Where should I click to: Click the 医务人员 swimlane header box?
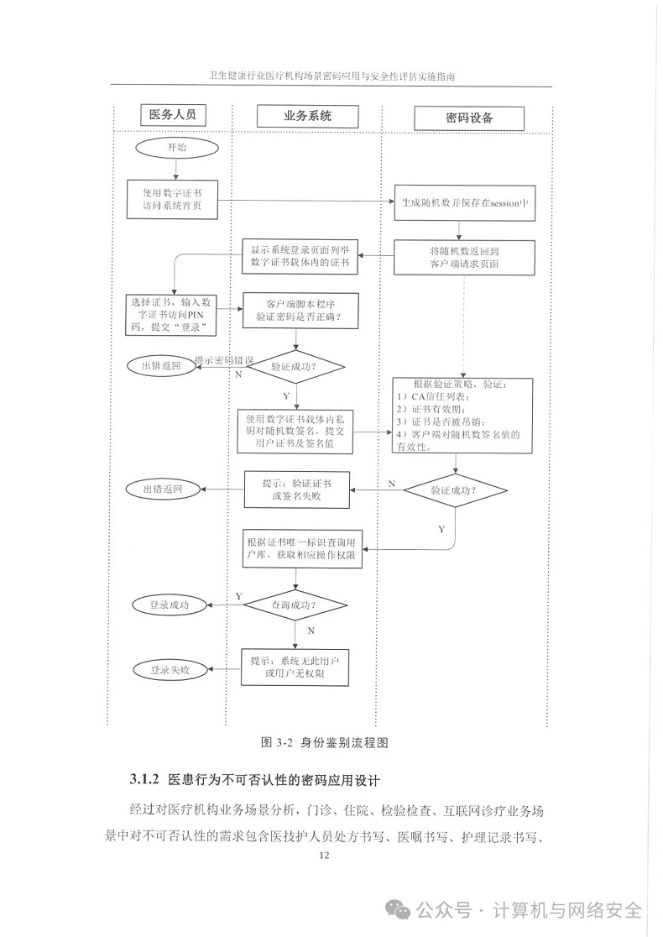(172, 114)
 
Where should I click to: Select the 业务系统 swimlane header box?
(307, 115)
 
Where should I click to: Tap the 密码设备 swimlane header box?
(468, 118)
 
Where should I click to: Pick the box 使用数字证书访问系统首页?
(173, 199)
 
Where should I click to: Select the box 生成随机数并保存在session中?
(463, 202)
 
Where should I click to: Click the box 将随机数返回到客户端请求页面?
(462, 257)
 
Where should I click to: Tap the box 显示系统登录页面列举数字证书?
(300, 257)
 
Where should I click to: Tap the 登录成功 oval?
(170, 604)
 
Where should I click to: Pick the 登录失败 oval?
(170, 670)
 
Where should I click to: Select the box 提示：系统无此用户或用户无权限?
(295, 667)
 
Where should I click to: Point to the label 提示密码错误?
(225, 359)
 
